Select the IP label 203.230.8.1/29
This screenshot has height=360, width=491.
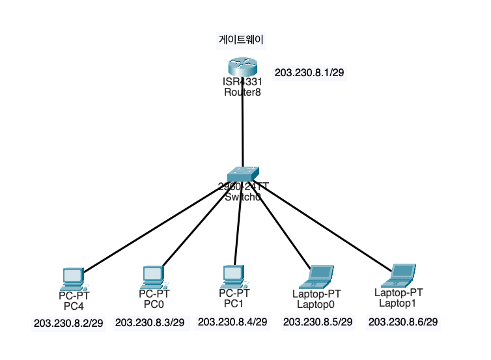pos(309,72)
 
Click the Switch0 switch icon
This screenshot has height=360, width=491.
pos(243,174)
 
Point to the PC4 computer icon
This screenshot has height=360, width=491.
pos(72,279)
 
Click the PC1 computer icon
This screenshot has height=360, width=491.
pos(232,277)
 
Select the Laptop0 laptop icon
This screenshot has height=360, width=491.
pos(319,276)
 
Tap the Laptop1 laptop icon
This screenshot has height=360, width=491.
pos(400,275)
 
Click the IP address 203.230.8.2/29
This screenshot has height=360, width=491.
pos(68,323)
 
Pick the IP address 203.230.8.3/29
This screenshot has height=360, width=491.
pos(150,322)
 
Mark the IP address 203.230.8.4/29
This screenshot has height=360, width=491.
pos(232,322)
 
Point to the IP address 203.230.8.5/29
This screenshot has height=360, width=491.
pos(318,322)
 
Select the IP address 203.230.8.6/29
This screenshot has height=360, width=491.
pos(403,322)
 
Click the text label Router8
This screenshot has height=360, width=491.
pos(242,92)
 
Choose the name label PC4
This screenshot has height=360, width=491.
pos(74,305)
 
